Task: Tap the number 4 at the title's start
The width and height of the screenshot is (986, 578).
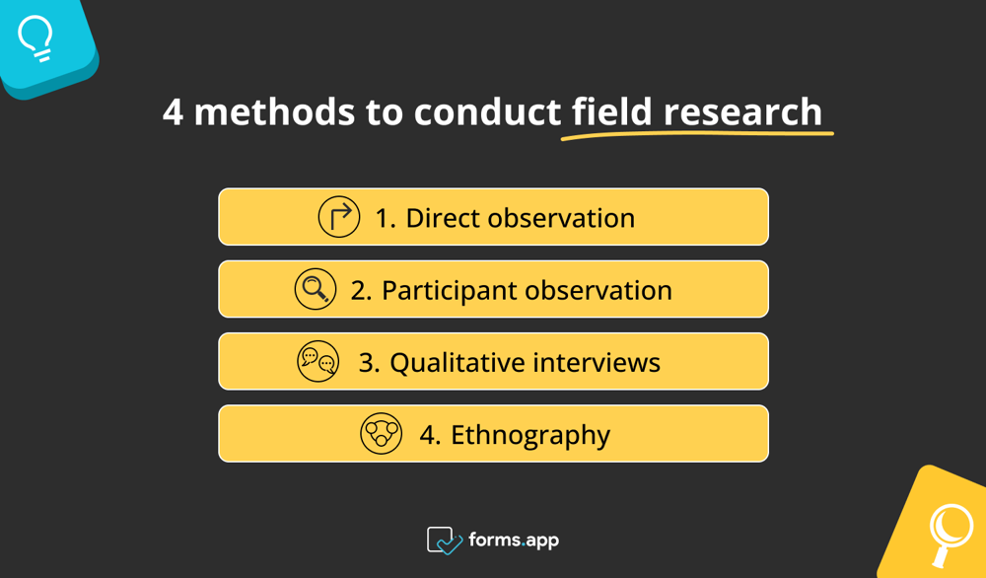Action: point(174,112)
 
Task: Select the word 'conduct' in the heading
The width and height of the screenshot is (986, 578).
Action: point(487,112)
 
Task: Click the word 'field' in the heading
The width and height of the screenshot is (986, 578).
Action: point(611,112)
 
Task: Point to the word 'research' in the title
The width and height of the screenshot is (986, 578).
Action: point(742,112)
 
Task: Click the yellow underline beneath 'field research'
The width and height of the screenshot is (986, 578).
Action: point(696,134)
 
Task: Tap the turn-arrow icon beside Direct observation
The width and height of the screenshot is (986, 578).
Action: point(339,217)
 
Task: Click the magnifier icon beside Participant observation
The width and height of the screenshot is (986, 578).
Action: point(316,289)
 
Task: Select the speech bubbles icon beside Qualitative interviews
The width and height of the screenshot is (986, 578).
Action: point(318,362)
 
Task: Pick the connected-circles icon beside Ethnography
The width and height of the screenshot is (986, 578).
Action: point(381,434)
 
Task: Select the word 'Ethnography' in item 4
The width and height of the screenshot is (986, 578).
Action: point(530,435)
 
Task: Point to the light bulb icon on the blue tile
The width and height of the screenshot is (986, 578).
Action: point(36,38)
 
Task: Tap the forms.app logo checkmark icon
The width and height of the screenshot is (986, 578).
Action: point(444,541)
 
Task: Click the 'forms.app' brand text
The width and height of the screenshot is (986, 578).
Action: point(514,541)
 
